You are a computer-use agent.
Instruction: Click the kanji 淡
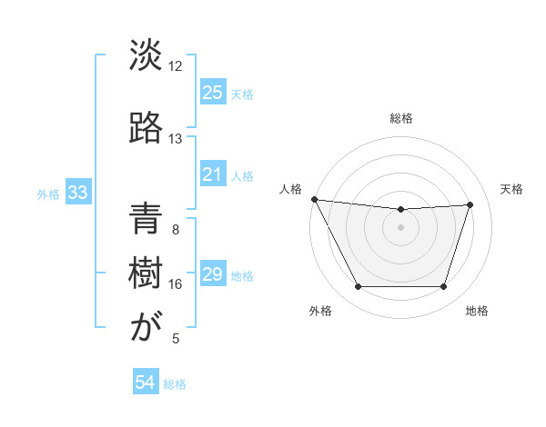point(146,56)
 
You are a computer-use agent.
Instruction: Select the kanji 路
point(146,128)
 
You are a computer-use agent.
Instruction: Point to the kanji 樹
point(146,273)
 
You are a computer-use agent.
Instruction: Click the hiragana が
point(146,328)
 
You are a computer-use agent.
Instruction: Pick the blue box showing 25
point(212,93)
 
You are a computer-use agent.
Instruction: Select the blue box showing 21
point(212,174)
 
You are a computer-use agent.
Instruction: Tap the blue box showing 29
point(212,275)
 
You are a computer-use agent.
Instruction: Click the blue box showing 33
point(77,193)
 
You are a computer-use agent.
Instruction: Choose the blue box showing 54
point(146,383)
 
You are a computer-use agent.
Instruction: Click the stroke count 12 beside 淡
point(175,66)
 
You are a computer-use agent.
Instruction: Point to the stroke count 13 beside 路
point(175,139)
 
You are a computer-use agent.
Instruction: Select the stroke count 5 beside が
point(176,339)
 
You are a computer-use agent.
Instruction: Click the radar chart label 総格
point(401,119)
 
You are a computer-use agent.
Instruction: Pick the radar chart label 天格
point(511,189)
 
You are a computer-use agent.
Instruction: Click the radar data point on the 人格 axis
point(315,199)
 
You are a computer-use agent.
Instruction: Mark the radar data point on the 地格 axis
point(443,287)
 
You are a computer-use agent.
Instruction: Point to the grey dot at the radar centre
point(401,227)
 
